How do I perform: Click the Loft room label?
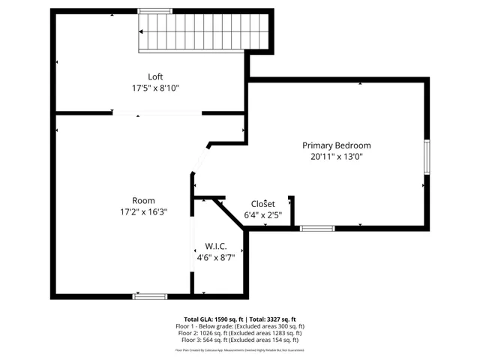[155, 76]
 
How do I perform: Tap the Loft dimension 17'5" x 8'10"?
[155, 88]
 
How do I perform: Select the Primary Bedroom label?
[336, 145]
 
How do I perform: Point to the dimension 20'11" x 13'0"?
[336, 157]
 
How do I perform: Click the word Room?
[143, 200]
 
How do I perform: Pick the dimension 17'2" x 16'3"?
[143, 211]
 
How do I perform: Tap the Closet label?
[262, 204]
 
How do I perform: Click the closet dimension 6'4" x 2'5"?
[262, 215]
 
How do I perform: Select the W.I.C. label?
[216, 246]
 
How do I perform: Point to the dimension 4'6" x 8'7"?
[216, 257]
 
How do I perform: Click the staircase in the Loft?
[203, 32]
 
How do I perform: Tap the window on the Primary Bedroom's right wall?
[427, 157]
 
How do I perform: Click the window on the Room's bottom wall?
[149, 296]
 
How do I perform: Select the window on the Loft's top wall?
[155, 10]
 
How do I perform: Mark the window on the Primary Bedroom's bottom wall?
[317, 228]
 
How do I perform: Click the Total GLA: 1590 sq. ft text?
[214, 319]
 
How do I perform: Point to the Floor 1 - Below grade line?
[239, 326]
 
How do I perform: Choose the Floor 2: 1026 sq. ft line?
[239, 333]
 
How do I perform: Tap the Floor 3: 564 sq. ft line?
[239, 340]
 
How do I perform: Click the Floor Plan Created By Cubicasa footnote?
[239, 349]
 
